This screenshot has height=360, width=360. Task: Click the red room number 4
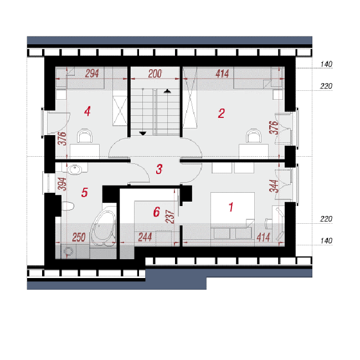88,111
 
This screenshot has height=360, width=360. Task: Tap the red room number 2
222,114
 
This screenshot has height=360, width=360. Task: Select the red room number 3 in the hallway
159,169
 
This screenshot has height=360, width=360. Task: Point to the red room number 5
85,192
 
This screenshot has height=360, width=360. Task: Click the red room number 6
157,212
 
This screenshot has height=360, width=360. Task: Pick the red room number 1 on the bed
231,207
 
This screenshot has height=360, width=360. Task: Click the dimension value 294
92,74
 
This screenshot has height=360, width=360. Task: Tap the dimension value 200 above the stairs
155,74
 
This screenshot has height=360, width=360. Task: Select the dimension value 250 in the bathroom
79,238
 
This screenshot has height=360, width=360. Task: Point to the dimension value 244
145,237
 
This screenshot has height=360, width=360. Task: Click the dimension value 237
170,217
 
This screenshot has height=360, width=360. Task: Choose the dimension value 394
62,184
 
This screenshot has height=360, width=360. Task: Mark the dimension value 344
274,186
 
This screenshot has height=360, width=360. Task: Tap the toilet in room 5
68,206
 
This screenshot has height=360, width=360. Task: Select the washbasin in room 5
75,169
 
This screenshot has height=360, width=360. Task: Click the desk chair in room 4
85,136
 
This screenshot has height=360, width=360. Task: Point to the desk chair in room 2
254,136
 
